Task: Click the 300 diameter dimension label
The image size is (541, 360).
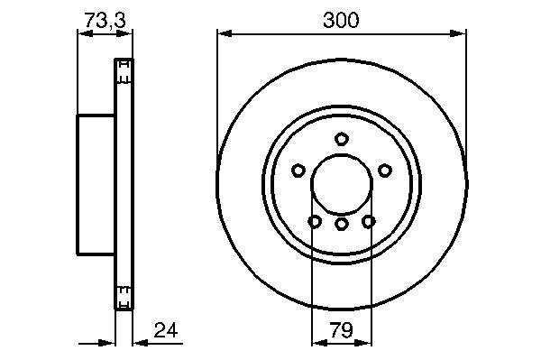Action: pyautogui.click(x=341, y=20)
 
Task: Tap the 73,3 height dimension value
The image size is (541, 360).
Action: pyautogui.click(x=105, y=20)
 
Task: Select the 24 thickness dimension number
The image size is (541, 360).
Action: pyautogui.click(x=166, y=330)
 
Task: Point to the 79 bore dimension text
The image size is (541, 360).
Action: pyautogui.click(x=341, y=330)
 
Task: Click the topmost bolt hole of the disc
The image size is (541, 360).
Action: pyautogui.click(x=342, y=139)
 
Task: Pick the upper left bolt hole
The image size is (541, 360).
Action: pyautogui.click(x=298, y=171)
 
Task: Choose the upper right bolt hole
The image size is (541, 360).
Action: pyautogui.click(x=385, y=171)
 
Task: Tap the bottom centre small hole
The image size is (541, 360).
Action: pyautogui.click(x=342, y=225)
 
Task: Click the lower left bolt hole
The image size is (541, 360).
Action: pyautogui.click(x=315, y=221)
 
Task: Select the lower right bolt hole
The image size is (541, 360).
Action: pyautogui.click(x=369, y=221)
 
